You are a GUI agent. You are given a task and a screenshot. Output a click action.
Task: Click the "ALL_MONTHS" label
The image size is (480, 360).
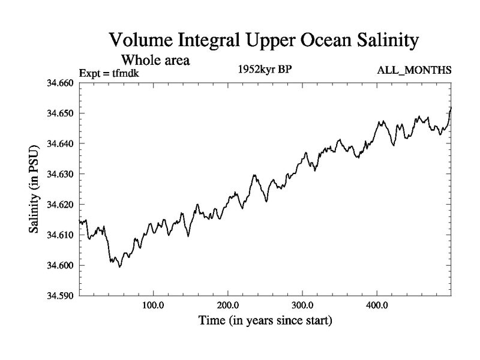(x=414, y=71)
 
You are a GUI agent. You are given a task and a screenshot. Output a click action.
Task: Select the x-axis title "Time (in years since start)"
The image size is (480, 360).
(x=265, y=321)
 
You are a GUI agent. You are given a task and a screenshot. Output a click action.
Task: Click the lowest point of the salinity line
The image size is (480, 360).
(x=120, y=267)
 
